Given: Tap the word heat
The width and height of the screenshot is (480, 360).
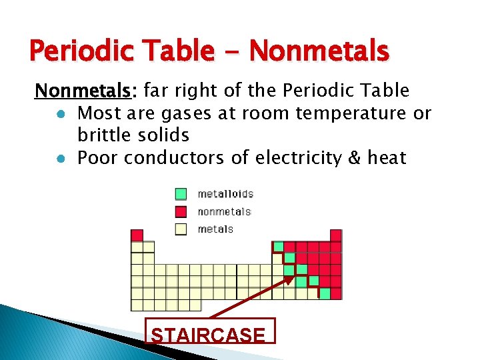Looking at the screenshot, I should pyautogui.click(x=387, y=158).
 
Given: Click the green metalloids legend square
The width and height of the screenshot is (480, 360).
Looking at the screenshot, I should pyautogui.click(x=181, y=194).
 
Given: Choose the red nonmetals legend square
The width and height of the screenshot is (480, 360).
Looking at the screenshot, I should pyautogui.click(x=181, y=211).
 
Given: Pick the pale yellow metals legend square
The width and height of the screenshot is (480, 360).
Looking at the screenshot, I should pyautogui.click(x=181, y=229).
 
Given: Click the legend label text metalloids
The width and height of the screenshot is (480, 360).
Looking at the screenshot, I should pyautogui.click(x=225, y=194).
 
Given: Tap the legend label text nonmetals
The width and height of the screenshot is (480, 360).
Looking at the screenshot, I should pyautogui.click(x=224, y=211).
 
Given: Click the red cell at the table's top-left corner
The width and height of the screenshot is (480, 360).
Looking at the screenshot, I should pyautogui.click(x=137, y=235).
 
